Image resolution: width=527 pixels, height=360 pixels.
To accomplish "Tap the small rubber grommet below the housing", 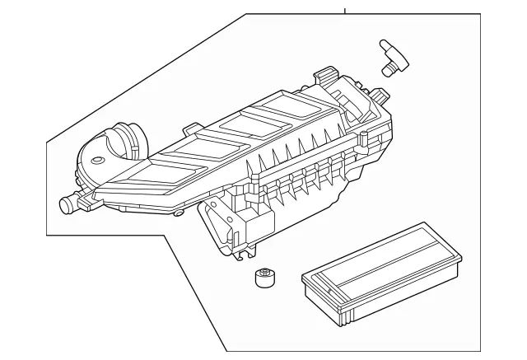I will [263, 278].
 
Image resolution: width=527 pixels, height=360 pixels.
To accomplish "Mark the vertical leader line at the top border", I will [345, 10].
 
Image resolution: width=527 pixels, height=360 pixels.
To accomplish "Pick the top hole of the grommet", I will [263, 274].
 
